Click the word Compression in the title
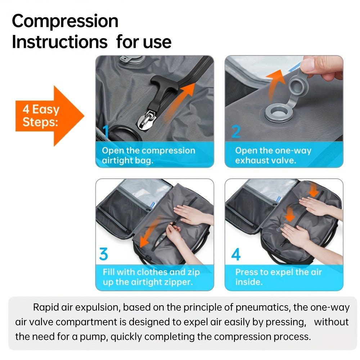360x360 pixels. (x=65, y=21)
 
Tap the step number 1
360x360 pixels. (x=105, y=132)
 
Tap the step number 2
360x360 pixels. (x=235, y=132)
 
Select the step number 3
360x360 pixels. (x=103, y=255)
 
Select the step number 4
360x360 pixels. (x=235, y=255)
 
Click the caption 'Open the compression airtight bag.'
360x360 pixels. (x=148, y=156)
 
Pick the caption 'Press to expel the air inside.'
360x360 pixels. (x=278, y=277)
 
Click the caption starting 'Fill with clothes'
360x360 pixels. (x=151, y=277)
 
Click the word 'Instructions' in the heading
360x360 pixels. (x=59, y=42)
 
